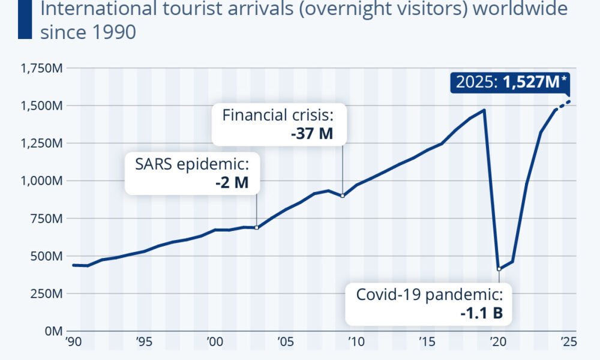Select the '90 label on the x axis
pyautogui.click(x=73, y=342)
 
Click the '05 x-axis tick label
pyautogui.click(x=285, y=342)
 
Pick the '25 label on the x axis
pyautogui.click(x=568, y=342)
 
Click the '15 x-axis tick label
pyautogui.click(x=427, y=342)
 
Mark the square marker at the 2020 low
pyautogui.click(x=499, y=269)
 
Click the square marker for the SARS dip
pyautogui.click(x=257, y=227)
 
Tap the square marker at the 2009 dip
pyautogui.click(x=342, y=196)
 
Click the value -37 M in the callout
pyautogui.click(x=311, y=133)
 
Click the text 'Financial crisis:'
pyautogui.click(x=277, y=115)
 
